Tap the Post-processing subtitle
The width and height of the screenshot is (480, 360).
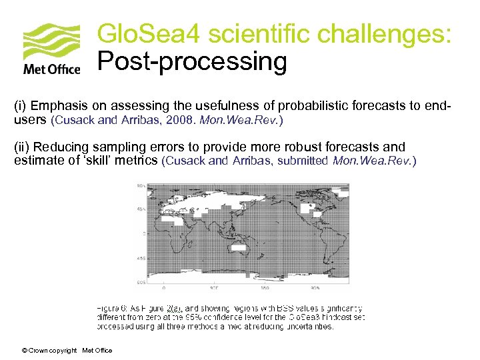[192, 62]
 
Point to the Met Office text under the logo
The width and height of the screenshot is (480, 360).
[52, 69]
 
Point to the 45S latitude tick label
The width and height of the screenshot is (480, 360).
[141, 257]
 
